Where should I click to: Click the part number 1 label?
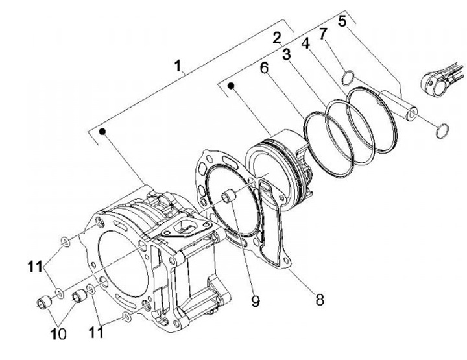point(178,66)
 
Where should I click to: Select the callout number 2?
point(277,38)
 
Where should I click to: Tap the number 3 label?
point(287,54)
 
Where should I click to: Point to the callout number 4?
point(305,43)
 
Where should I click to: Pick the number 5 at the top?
point(342,21)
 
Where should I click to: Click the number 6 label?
point(264,68)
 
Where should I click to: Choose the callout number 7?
point(324,34)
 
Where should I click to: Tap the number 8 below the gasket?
point(320,300)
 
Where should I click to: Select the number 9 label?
point(256,302)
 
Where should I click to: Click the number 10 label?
point(58,335)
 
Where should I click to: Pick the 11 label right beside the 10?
point(96,332)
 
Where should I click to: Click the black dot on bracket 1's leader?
point(102,131)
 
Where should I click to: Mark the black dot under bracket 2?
point(231,86)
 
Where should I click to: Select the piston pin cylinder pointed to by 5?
point(399,106)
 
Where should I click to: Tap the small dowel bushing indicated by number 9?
point(230,197)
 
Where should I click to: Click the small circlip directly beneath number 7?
point(348,78)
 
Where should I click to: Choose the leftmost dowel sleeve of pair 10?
point(44,302)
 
